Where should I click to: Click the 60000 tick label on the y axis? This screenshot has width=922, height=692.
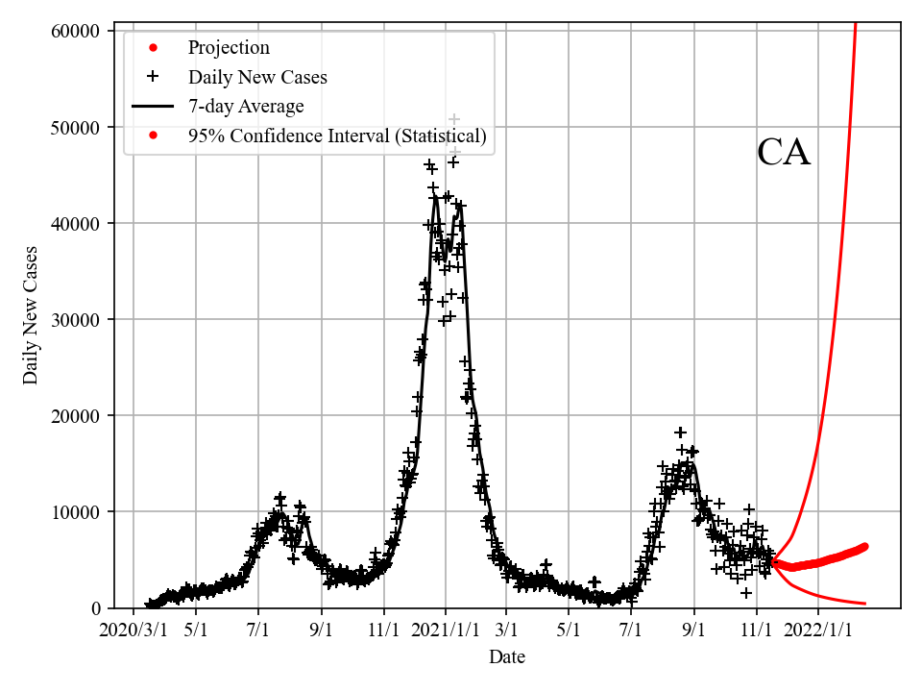pyautogui.click(x=75, y=31)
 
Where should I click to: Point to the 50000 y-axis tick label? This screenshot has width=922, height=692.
pyautogui.click(x=75, y=127)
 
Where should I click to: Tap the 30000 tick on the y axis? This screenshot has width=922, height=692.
pyautogui.click(x=75, y=319)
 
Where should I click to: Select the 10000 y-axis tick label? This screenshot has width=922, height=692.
pyautogui.click(x=75, y=511)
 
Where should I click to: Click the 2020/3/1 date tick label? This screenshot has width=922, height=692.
pyautogui.click(x=133, y=630)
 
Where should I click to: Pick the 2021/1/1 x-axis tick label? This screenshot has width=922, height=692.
pyautogui.click(x=446, y=630)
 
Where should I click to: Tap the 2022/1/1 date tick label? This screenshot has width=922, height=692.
pyautogui.click(x=818, y=630)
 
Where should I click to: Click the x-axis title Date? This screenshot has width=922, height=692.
pyautogui.click(x=507, y=657)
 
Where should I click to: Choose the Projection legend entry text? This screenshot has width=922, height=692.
pyautogui.click(x=229, y=48)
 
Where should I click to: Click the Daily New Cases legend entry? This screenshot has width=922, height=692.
pyautogui.click(x=257, y=77)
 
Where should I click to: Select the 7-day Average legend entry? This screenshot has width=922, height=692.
pyautogui.click(x=246, y=107)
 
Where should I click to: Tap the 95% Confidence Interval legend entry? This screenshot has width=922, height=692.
pyautogui.click(x=337, y=136)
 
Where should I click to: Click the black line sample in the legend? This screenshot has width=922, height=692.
pyautogui.click(x=152, y=107)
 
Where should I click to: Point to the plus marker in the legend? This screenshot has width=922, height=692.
pyautogui.click(x=152, y=77)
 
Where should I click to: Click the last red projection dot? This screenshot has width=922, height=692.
pyautogui.click(x=863, y=547)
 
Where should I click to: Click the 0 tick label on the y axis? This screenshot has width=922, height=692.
pyautogui.click(x=96, y=607)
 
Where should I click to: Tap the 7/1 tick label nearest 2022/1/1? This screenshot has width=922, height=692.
pyautogui.click(x=631, y=630)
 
